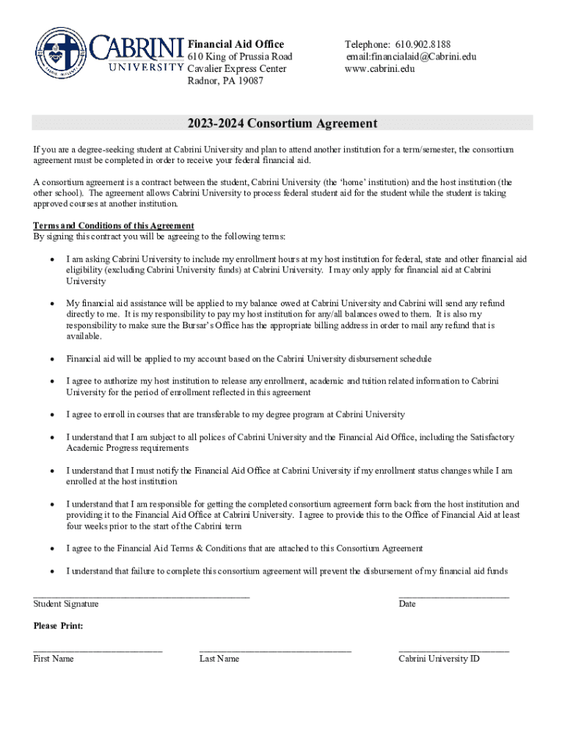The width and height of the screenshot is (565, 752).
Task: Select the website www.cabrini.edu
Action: coord(380,69)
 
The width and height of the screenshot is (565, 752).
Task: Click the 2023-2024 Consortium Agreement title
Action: coord(282,123)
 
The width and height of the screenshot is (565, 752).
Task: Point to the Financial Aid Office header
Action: coord(236,44)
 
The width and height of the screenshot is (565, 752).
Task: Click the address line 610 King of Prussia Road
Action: coord(240,57)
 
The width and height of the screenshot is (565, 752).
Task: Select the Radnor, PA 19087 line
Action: coord(226,81)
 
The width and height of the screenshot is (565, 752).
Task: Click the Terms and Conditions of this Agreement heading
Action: coord(114,225)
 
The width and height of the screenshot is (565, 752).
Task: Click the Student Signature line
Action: coord(141,596)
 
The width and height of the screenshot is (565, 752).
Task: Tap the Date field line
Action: coord(453,596)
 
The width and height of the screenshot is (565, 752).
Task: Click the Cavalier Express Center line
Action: coord(237,69)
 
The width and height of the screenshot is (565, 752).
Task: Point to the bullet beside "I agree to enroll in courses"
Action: coord(51,415)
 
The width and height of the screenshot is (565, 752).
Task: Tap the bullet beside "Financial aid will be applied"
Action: coord(51,359)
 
